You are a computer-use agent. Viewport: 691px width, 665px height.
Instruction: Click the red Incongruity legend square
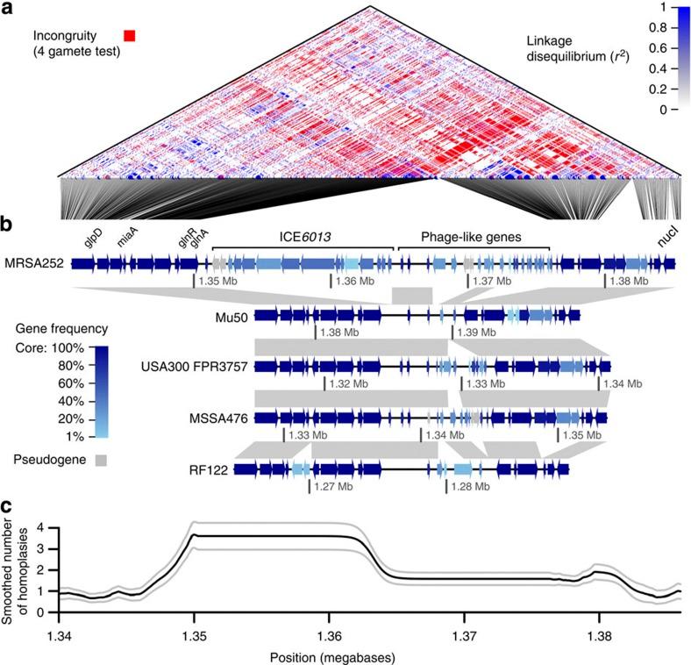click(x=130, y=36)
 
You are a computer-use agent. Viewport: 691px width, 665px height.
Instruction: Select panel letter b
click(x=7, y=225)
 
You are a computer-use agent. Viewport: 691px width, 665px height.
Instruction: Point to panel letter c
click(x=6, y=506)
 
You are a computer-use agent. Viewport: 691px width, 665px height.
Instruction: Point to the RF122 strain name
click(x=225, y=471)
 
